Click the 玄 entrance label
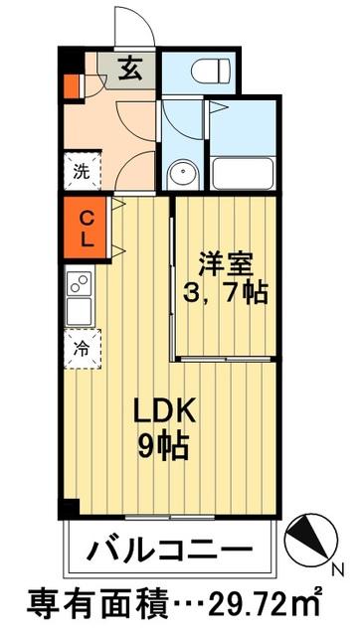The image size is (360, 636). pyautogui.click(x=130, y=70)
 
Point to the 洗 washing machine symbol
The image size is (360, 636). pyautogui.click(x=81, y=169)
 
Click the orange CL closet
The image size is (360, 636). pyautogui.click(x=86, y=229)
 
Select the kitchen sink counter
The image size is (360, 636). pyautogui.click(x=80, y=296)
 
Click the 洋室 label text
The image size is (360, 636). pyautogui.click(x=227, y=264)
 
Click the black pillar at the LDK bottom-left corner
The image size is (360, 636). pyautogui.click(x=69, y=508)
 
